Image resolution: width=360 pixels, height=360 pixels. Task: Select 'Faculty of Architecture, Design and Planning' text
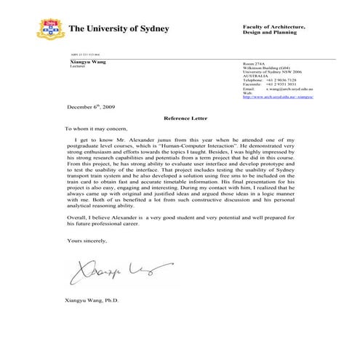tap(273, 30)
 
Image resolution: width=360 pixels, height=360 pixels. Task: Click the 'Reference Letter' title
tap(180, 116)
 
